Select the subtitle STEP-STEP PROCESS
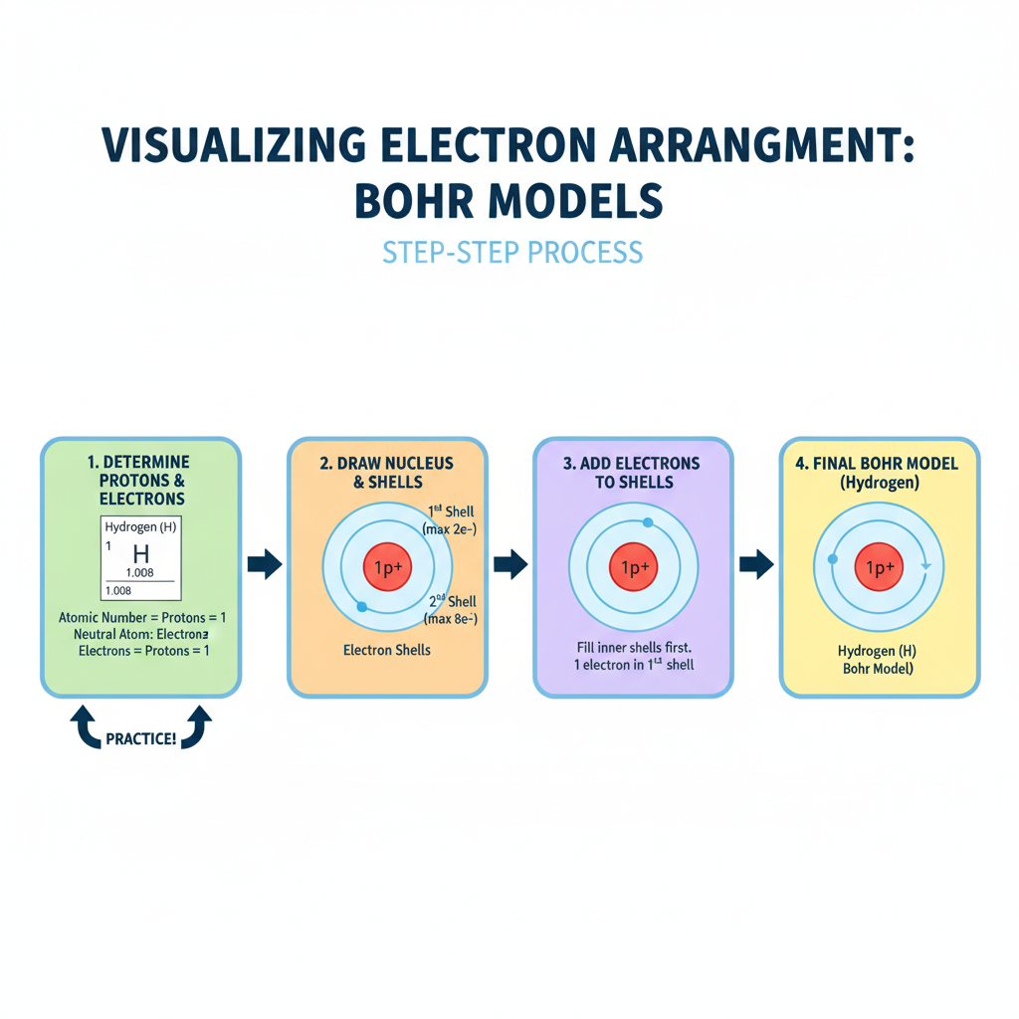[512, 252]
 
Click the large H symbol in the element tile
[140, 555]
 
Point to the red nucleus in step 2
[387, 568]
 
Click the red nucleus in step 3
[634, 568]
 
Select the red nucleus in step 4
[881, 568]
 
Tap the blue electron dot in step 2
[361, 606]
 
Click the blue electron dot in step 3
[648, 522]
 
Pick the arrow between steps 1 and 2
[264, 565]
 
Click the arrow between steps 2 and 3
[509, 565]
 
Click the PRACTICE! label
[140, 739]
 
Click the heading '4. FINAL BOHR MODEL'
[880, 463]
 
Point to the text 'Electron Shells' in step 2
[386, 651]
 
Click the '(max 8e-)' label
[450, 620]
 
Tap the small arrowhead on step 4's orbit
[925, 565]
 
